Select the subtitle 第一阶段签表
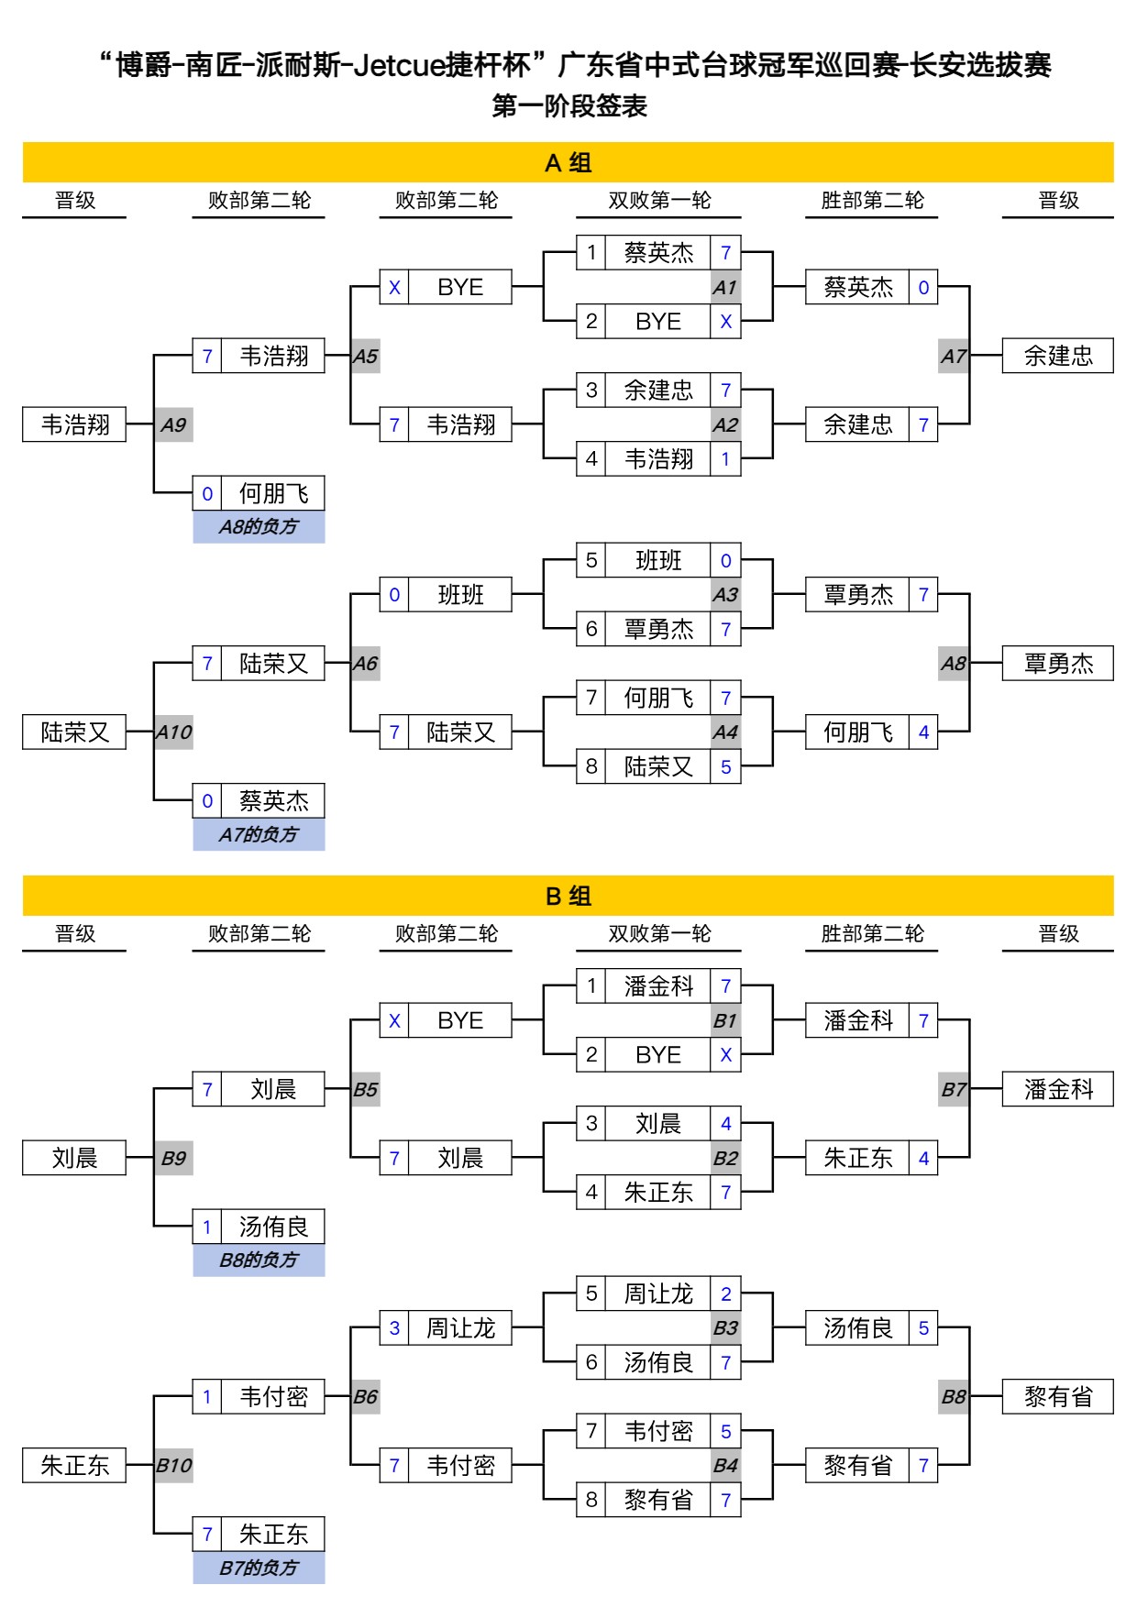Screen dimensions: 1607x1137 tap(569, 106)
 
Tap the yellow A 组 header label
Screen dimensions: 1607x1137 tap(568, 163)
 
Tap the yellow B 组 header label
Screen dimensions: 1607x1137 tap(568, 897)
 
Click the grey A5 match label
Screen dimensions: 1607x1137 tap(365, 357)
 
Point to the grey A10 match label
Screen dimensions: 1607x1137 tap(173, 732)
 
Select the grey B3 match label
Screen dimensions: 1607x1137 tap(725, 1328)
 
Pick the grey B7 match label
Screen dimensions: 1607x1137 tap(954, 1090)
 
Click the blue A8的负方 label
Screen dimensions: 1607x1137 tap(259, 527)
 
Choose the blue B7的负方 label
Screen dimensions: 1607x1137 tap(259, 1568)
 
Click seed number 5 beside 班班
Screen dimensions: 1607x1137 tap(591, 561)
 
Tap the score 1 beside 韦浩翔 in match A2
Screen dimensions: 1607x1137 tap(725, 459)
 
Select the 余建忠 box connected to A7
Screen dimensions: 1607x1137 tap(1058, 357)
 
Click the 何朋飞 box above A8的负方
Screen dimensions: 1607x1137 tap(273, 494)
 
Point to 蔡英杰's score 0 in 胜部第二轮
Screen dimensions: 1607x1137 tap(923, 288)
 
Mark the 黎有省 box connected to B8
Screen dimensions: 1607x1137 tap(1058, 1397)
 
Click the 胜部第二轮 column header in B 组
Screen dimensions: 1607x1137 tap(872, 934)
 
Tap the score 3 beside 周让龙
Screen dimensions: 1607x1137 tap(394, 1328)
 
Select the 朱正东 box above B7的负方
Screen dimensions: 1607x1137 tap(273, 1535)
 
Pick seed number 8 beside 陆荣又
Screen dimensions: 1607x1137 tap(591, 767)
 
